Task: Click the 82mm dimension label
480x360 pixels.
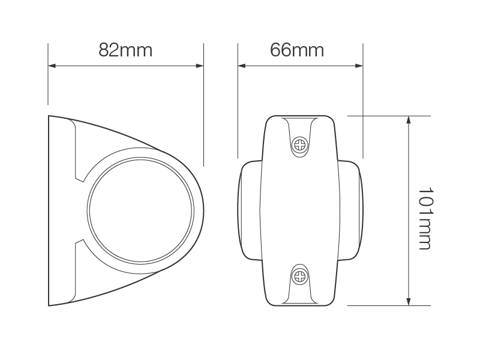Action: point(125,50)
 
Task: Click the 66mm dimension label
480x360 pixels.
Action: point(297,50)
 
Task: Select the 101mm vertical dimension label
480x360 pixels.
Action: point(425,218)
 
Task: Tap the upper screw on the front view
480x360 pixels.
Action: point(299,144)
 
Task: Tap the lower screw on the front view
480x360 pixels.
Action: point(299,276)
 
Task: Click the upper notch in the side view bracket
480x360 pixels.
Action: point(79,178)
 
